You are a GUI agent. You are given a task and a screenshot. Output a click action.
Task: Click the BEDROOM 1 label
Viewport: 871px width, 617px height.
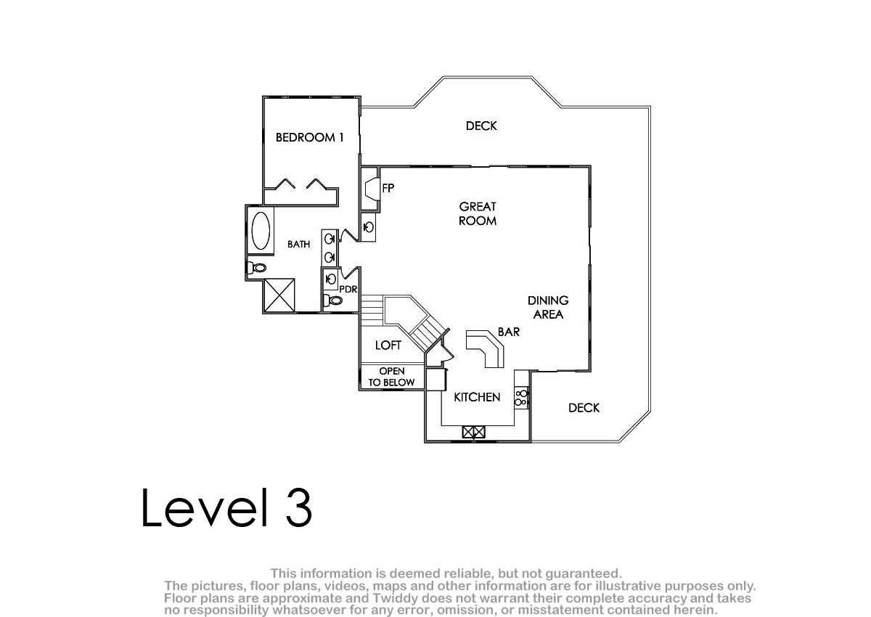pyautogui.click(x=309, y=137)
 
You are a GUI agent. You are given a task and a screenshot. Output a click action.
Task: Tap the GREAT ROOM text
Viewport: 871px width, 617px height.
pyautogui.click(x=478, y=213)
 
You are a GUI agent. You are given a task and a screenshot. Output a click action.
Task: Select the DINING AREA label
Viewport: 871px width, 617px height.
pyautogui.click(x=548, y=307)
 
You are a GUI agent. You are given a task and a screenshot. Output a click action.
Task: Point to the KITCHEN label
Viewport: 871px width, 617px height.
pyautogui.click(x=477, y=397)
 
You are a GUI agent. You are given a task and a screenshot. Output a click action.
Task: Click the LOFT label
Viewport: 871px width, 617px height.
pyautogui.click(x=388, y=346)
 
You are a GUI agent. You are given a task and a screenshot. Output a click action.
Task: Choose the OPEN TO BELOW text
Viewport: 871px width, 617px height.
pyautogui.click(x=391, y=377)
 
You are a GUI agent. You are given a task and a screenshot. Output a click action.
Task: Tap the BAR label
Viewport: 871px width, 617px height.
pyautogui.click(x=509, y=332)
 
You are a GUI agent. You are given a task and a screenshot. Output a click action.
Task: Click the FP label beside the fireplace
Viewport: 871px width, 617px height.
pyautogui.click(x=388, y=188)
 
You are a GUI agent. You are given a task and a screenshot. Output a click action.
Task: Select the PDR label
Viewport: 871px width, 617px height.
pyautogui.click(x=348, y=289)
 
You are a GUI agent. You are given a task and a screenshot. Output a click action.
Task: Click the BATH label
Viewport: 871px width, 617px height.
pyautogui.click(x=298, y=244)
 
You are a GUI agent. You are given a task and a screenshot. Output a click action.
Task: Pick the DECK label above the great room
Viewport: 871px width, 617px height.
pyautogui.click(x=481, y=126)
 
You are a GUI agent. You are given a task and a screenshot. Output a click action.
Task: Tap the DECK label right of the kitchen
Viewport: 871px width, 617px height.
pyautogui.click(x=584, y=407)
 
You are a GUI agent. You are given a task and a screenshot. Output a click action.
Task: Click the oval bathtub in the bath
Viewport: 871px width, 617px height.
pyautogui.click(x=261, y=231)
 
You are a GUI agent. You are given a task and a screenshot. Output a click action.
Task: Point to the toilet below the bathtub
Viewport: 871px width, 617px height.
pyautogui.click(x=256, y=267)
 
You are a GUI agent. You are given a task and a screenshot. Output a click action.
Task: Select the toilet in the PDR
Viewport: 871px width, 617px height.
pyautogui.click(x=332, y=300)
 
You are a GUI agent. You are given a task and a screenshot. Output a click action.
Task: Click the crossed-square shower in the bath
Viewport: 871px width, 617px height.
pyautogui.click(x=279, y=295)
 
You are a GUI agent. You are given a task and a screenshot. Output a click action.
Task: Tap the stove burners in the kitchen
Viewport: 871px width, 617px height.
pyautogui.click(x=521, y=397)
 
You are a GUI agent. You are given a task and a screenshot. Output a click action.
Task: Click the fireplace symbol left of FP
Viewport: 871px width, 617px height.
pyautogui.click(x=372, y=189)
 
